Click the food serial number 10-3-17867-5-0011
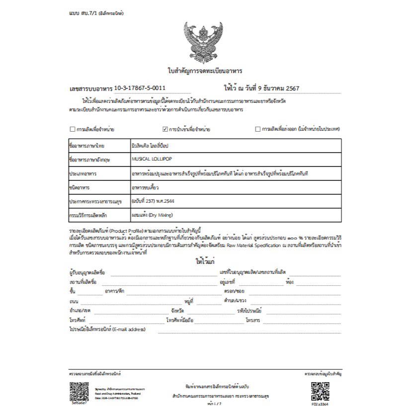coord(140,88)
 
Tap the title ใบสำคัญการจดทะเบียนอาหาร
coord(205,71)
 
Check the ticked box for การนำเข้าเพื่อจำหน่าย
coord(165,129)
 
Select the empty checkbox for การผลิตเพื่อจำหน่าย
coord(72,129)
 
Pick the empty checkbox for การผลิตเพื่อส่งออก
coord(257,129)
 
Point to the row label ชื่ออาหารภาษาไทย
coord(87,146)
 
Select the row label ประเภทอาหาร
coord(83,174)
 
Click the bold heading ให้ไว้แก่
coord(205,261)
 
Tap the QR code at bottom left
coord(79,392)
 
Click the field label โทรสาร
coord(253,321)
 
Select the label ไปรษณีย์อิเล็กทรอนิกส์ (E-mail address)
coord(107,329)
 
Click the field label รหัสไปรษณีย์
coord(250,311)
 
